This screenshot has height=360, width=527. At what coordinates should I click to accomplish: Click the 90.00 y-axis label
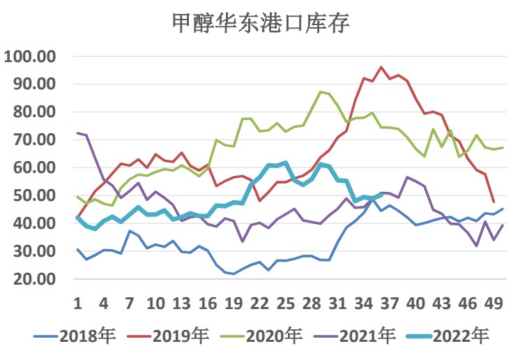click(x=33, y=84)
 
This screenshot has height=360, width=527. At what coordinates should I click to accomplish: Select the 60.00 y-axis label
click(x=33, y=168)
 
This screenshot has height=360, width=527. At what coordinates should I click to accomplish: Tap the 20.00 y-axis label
click(x=33, y=280)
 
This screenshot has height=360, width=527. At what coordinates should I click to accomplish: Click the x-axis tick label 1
click(x=77, y=304)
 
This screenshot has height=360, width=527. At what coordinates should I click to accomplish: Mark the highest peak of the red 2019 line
click(x=381, y=68)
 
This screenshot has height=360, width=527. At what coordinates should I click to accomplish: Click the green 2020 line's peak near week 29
click(x=320, y=92)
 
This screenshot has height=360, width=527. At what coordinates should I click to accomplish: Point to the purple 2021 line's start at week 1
click(x=77, y=133)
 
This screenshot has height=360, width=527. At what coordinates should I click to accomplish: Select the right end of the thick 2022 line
click(x=381, y=194)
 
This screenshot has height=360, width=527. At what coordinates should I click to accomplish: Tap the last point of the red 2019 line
click(x=494, y=202)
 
